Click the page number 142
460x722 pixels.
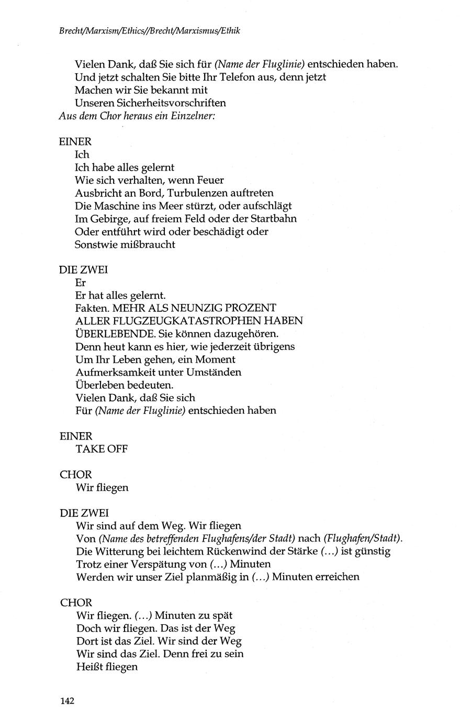tap(66, 701)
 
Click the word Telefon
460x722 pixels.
tap(229, 77)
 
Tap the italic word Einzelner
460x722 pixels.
tap(191, 116)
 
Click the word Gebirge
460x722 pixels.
tap(105, 219)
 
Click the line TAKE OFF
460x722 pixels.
tap(102, 449)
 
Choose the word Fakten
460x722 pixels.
tap(92, 308)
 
